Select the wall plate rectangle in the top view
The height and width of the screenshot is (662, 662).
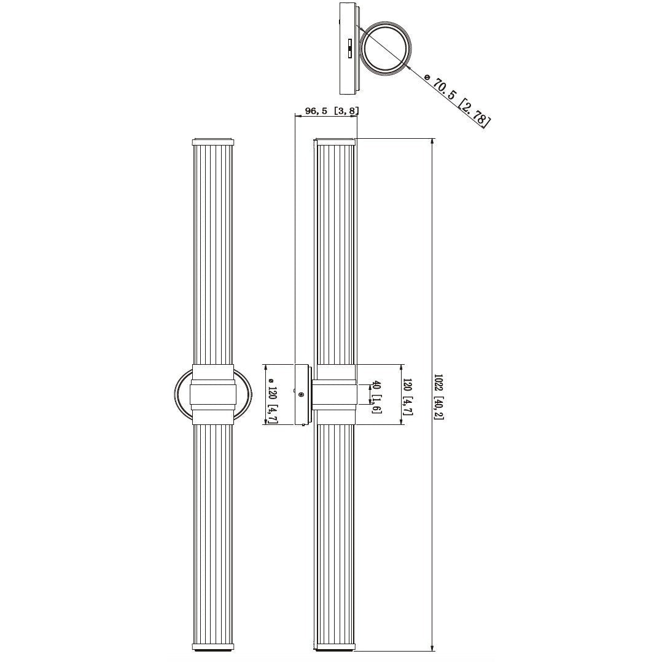tap(348, 49)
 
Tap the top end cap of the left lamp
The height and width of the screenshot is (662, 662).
tap(213, 142)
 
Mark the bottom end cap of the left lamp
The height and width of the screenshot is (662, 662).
tap(213, 647)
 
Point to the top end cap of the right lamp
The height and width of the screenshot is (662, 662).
tap(335, 142)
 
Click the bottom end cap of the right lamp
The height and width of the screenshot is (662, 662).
tap(335, 647)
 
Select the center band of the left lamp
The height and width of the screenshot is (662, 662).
tap(213, 395)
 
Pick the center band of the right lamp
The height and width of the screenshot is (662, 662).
tap(335, 395)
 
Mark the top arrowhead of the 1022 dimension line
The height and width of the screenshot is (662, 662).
tap(433, 143)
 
